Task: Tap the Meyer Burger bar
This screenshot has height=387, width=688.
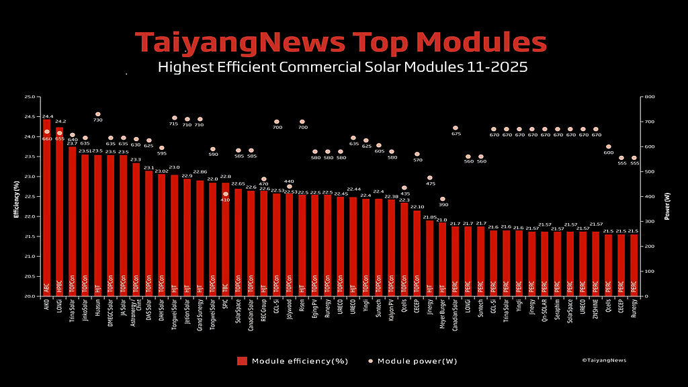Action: (x=442, y=259)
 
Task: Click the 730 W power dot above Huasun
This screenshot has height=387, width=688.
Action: (x=98, y=114)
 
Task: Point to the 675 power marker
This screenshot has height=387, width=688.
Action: (x=456, y=128)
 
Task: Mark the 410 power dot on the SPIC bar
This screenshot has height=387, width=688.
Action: (x=226, y=194)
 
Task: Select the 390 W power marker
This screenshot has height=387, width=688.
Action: (x=443, y=199)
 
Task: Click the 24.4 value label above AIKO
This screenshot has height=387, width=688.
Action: (x=48, y=116)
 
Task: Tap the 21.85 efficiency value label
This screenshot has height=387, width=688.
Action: (x=430, y=217)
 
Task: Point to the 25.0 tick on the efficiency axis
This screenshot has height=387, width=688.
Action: (x=29, y=97)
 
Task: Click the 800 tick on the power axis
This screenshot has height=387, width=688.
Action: (x=649, y=97)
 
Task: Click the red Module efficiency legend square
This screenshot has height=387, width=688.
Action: (x=242, y=361)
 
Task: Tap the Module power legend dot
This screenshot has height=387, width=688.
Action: (x=370, y=361)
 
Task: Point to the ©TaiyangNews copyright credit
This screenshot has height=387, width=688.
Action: (x=604, y=360)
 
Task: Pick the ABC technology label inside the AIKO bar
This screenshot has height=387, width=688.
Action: (x=47, y=287)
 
